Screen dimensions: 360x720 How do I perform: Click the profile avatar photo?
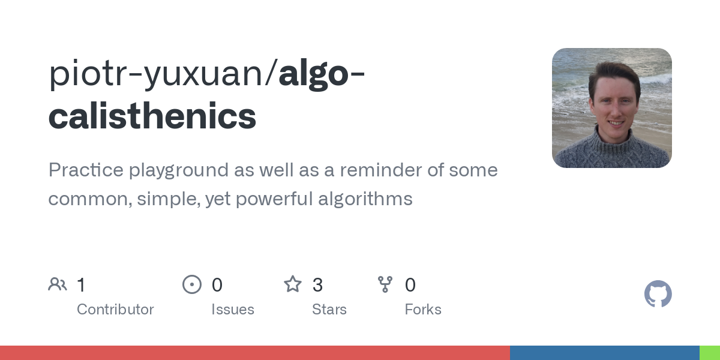coord(611,108)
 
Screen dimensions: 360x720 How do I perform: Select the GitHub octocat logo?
coord(658,294)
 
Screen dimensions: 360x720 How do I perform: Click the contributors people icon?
coord(58,284)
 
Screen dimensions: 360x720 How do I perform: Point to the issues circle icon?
coord(192,284)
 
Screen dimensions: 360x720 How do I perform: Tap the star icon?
coord(293,284)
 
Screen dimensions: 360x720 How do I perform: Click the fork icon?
coord(385,284)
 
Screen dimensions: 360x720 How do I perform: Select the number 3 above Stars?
coord(317,285)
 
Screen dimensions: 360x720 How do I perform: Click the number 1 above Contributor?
coord(82,285)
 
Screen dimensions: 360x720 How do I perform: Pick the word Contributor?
coord(115,310)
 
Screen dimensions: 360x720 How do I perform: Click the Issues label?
coord(233,310)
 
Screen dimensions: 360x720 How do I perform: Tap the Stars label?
coord(329,310)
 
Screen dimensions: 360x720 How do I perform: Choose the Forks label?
coord(423,310)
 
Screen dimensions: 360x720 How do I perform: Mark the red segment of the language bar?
coord(255,353)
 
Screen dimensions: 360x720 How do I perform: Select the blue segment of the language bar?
coord(604,353)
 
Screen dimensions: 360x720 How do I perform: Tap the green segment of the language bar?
coord(709,353)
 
